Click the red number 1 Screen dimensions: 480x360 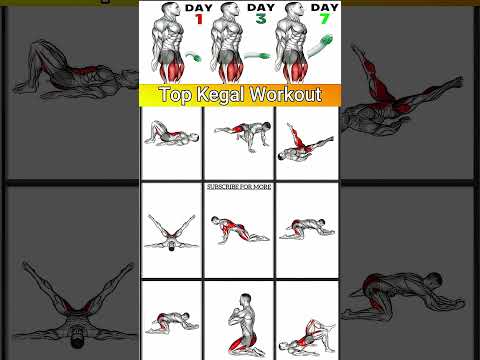199,19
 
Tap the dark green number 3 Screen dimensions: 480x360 261,19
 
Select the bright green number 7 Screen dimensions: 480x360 325,19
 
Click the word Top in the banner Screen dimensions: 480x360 176,94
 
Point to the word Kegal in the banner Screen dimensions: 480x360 221,94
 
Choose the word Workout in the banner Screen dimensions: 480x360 286,94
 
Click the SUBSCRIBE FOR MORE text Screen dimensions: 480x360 239,187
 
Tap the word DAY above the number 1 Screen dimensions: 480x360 199,7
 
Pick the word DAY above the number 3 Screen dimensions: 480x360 261,7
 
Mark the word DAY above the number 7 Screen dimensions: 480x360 324,7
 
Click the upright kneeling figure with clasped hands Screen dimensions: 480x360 244,325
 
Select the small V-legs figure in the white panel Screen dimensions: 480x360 171,233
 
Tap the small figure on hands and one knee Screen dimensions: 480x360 243,136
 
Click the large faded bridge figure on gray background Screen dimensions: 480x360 75,72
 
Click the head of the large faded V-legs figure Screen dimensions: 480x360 76,339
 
